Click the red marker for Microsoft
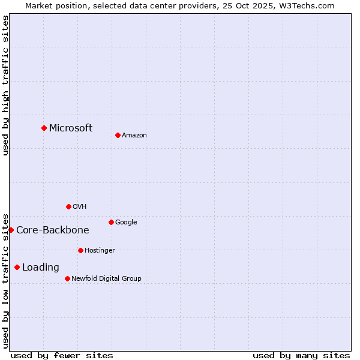(44, 128)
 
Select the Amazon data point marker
(118, 135)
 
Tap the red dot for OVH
(68, 206)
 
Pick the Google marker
(111, 222)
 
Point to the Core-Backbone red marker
(11, 230)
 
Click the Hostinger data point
(80, 250)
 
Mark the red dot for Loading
(17, 267)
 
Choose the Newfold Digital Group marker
(67, 278)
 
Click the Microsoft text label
(71, 128)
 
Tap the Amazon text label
(134, 135)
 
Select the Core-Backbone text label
(53, 230)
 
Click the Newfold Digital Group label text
(106, 278)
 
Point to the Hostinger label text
(100, 250)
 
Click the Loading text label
(41, 267)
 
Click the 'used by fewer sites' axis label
(62, 355)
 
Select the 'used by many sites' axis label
(301, 355)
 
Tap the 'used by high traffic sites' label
(5, 85)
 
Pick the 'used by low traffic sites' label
(5, 280)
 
